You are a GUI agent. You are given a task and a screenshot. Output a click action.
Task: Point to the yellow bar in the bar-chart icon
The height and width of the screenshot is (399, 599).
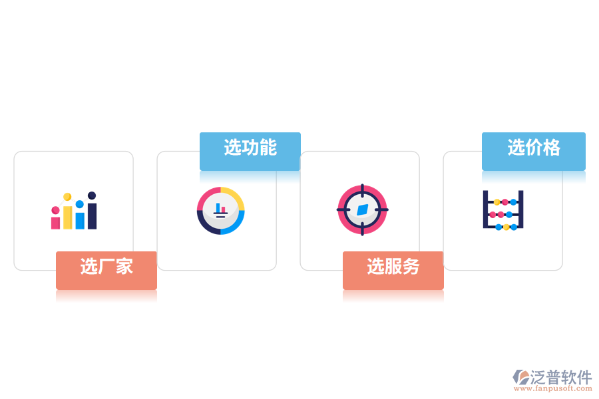67,217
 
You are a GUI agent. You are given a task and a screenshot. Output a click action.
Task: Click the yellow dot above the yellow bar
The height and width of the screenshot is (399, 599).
67,197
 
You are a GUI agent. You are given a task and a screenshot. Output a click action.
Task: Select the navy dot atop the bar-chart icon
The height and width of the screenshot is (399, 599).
92,196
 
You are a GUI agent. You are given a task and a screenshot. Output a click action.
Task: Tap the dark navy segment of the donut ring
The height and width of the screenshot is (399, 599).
204,225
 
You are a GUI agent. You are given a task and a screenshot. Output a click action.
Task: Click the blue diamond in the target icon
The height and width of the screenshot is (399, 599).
362,209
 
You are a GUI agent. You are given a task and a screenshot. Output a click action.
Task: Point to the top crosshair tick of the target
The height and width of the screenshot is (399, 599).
362,188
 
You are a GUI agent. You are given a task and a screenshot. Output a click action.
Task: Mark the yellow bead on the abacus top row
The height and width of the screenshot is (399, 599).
497,201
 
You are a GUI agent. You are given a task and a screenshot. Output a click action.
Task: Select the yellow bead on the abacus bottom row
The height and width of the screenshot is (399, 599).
506,227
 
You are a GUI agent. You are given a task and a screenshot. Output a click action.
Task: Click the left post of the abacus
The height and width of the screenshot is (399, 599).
486,209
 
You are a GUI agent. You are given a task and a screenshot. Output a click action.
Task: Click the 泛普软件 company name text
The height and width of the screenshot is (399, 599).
562,377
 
